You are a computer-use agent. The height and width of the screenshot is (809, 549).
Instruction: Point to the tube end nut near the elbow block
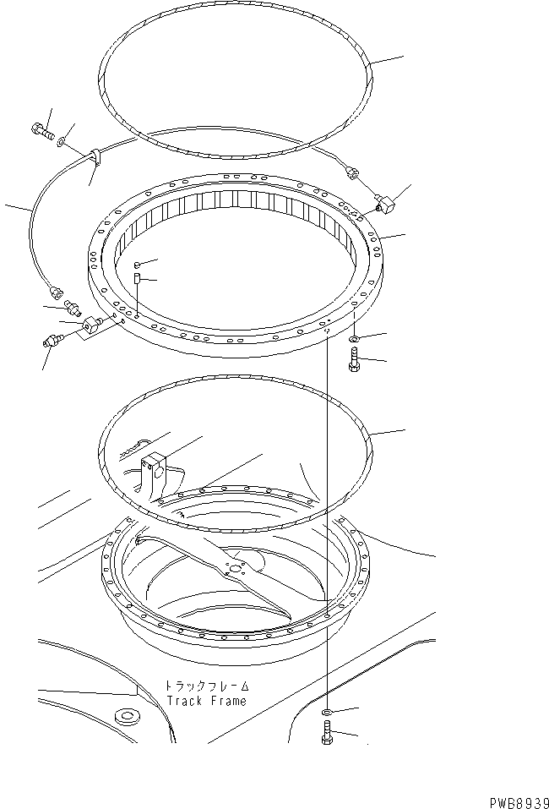[x=352, y=175]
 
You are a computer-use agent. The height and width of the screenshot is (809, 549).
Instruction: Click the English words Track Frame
[x=206, y=701]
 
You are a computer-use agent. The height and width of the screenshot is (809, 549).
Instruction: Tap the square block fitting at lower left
[x=90, y=324]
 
